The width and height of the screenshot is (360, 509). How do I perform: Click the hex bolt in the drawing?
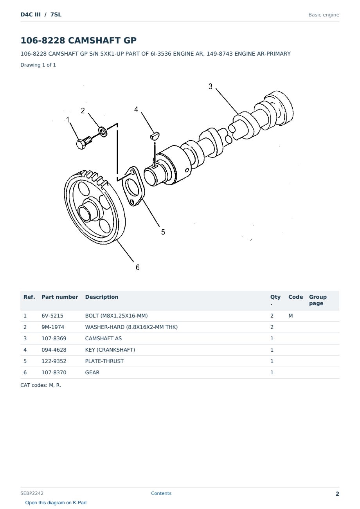tap(84, 143)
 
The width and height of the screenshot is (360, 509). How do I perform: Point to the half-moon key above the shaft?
tap(155, 135)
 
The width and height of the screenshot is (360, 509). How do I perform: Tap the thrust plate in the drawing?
tap(133, 186)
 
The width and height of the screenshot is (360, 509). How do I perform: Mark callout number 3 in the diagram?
tap(210, 87)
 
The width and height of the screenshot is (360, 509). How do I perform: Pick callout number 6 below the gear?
tap(138, 267)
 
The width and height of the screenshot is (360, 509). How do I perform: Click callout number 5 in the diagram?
tap(163, 232)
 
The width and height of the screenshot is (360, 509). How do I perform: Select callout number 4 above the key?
tap(136, 109)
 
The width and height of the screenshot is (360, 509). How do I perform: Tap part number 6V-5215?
tap(52, 316)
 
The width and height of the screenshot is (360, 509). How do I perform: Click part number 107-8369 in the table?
tap(54, 338)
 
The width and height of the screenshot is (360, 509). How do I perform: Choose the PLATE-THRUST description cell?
tap(104, 361)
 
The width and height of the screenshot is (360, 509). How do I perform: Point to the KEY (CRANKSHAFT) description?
tap(110, 350)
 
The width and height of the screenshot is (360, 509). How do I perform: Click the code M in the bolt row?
tap(290, 316)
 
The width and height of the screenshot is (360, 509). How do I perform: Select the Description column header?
tap(101, 297)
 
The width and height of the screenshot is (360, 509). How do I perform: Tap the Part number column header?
tap(60, 297)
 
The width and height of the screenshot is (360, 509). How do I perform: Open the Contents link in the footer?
tap(161, 493)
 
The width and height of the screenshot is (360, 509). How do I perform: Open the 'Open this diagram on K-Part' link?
tap(56, 502)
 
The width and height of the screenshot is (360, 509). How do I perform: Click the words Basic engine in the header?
tap(324, 15)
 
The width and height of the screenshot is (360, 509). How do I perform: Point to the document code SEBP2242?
tap(32, 493)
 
